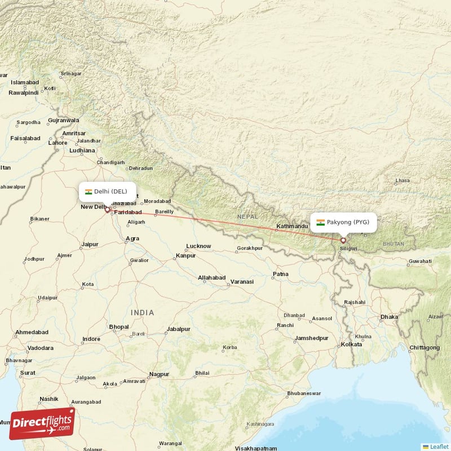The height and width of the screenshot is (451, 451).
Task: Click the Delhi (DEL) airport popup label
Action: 107,192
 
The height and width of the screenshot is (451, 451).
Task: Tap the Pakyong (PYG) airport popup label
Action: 343,222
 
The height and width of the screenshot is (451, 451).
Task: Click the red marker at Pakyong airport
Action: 343,241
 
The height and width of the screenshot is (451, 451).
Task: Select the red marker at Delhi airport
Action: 107,210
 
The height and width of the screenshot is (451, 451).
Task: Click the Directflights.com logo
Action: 42,423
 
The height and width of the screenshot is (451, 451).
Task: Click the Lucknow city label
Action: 198,246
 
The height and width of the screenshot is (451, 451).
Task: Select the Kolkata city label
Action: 351,344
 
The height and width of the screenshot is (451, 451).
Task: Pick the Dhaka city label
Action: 389,317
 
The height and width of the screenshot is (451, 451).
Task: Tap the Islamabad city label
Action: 24,82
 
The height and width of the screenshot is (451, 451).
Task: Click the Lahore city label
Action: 58,143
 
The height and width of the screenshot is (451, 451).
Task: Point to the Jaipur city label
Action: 90,244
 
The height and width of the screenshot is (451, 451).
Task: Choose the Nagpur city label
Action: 159,374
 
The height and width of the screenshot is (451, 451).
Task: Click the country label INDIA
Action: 142,312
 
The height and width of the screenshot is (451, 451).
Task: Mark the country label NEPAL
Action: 247,216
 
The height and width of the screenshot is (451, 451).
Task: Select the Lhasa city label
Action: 403,181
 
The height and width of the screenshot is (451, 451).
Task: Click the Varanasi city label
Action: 242,281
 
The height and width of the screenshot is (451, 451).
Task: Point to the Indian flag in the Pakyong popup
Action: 320,222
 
